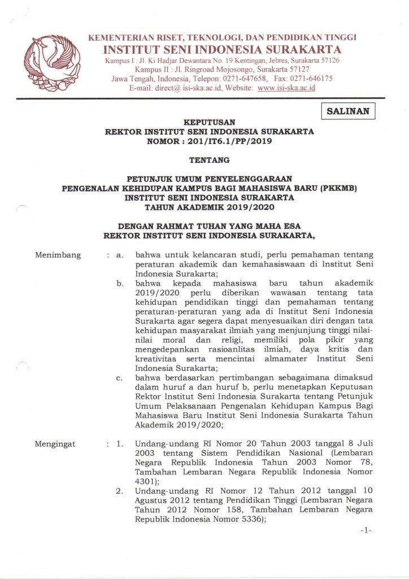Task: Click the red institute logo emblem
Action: pyautogui.click(x=51, y=63)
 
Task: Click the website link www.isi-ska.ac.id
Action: pyautogui.click(x=286, y=88)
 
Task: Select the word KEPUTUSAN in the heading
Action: pyautogui.click(x=208, y=122)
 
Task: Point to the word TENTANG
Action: pyautogui.click(x=208, y=160)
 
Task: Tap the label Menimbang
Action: pyautogui.click(x=58, y=255)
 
